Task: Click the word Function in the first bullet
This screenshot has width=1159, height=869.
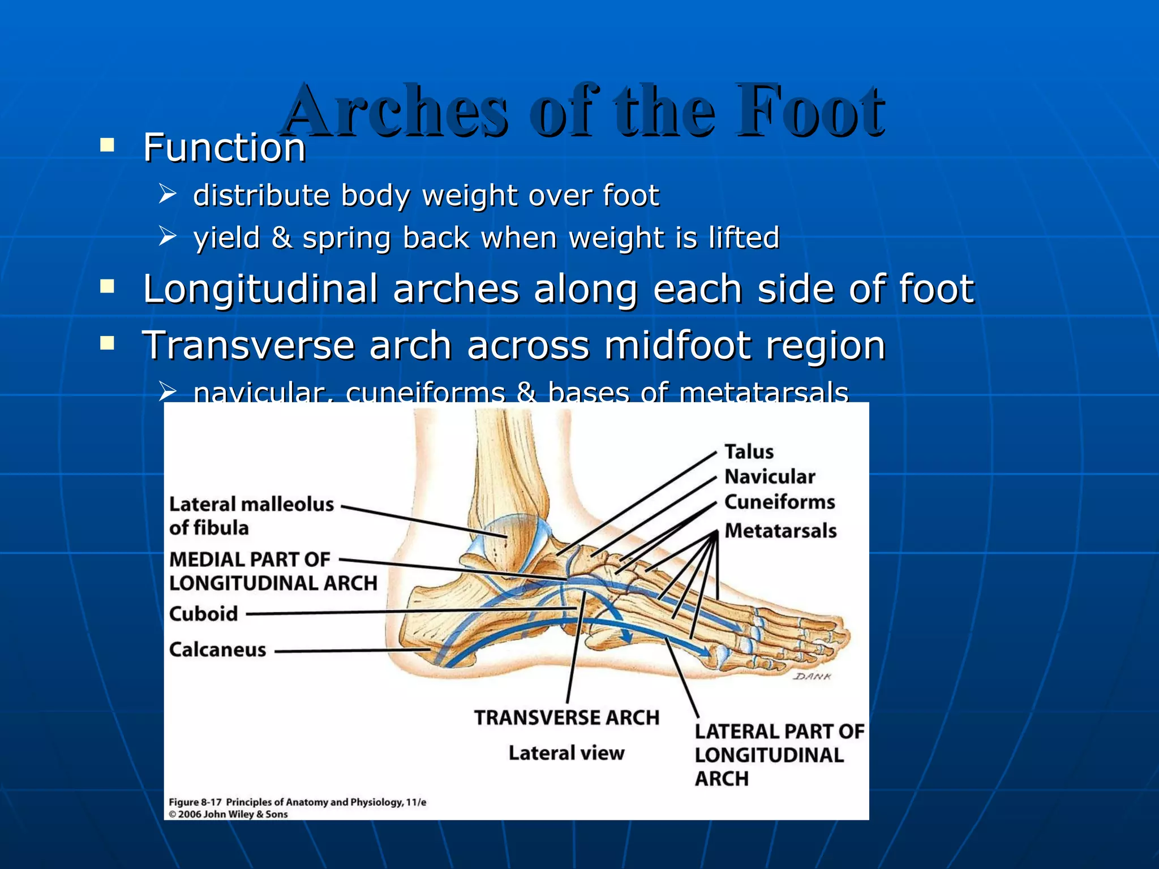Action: point(224,148)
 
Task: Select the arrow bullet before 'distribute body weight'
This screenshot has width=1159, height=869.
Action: point(168,193)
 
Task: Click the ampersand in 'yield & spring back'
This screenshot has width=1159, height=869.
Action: point(281,237)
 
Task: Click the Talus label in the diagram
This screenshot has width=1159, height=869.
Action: point(749,451)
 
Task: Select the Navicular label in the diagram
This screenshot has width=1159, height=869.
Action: point(770,476)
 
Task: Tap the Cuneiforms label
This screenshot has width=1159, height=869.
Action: point(779,502)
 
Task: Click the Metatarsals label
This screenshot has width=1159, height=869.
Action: point(780,531)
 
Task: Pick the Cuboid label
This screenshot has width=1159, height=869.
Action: point(203,614)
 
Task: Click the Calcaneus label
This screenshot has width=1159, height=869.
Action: point(217,649)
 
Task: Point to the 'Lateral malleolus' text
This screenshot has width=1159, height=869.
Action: point(251,504)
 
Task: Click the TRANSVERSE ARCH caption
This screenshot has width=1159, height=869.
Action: point(566,717)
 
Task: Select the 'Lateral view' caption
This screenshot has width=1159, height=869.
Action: point(566,753)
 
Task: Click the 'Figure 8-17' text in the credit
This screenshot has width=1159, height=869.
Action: point(195,802)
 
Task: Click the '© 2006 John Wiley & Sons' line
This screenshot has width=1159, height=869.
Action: point(228,815)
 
